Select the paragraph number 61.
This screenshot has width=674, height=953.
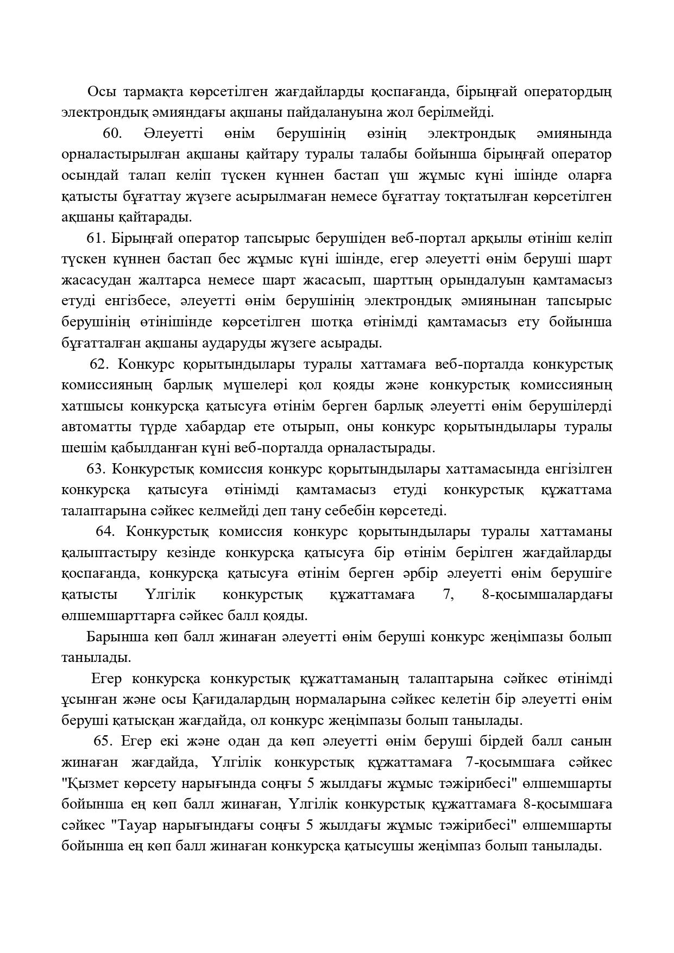click(97, 238)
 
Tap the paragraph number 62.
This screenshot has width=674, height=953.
click(100, 364)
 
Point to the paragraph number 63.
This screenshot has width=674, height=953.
click(97, 469)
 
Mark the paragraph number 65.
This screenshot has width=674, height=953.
click(104, 742)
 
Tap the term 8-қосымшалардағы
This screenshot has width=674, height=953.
click(547, 595)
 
